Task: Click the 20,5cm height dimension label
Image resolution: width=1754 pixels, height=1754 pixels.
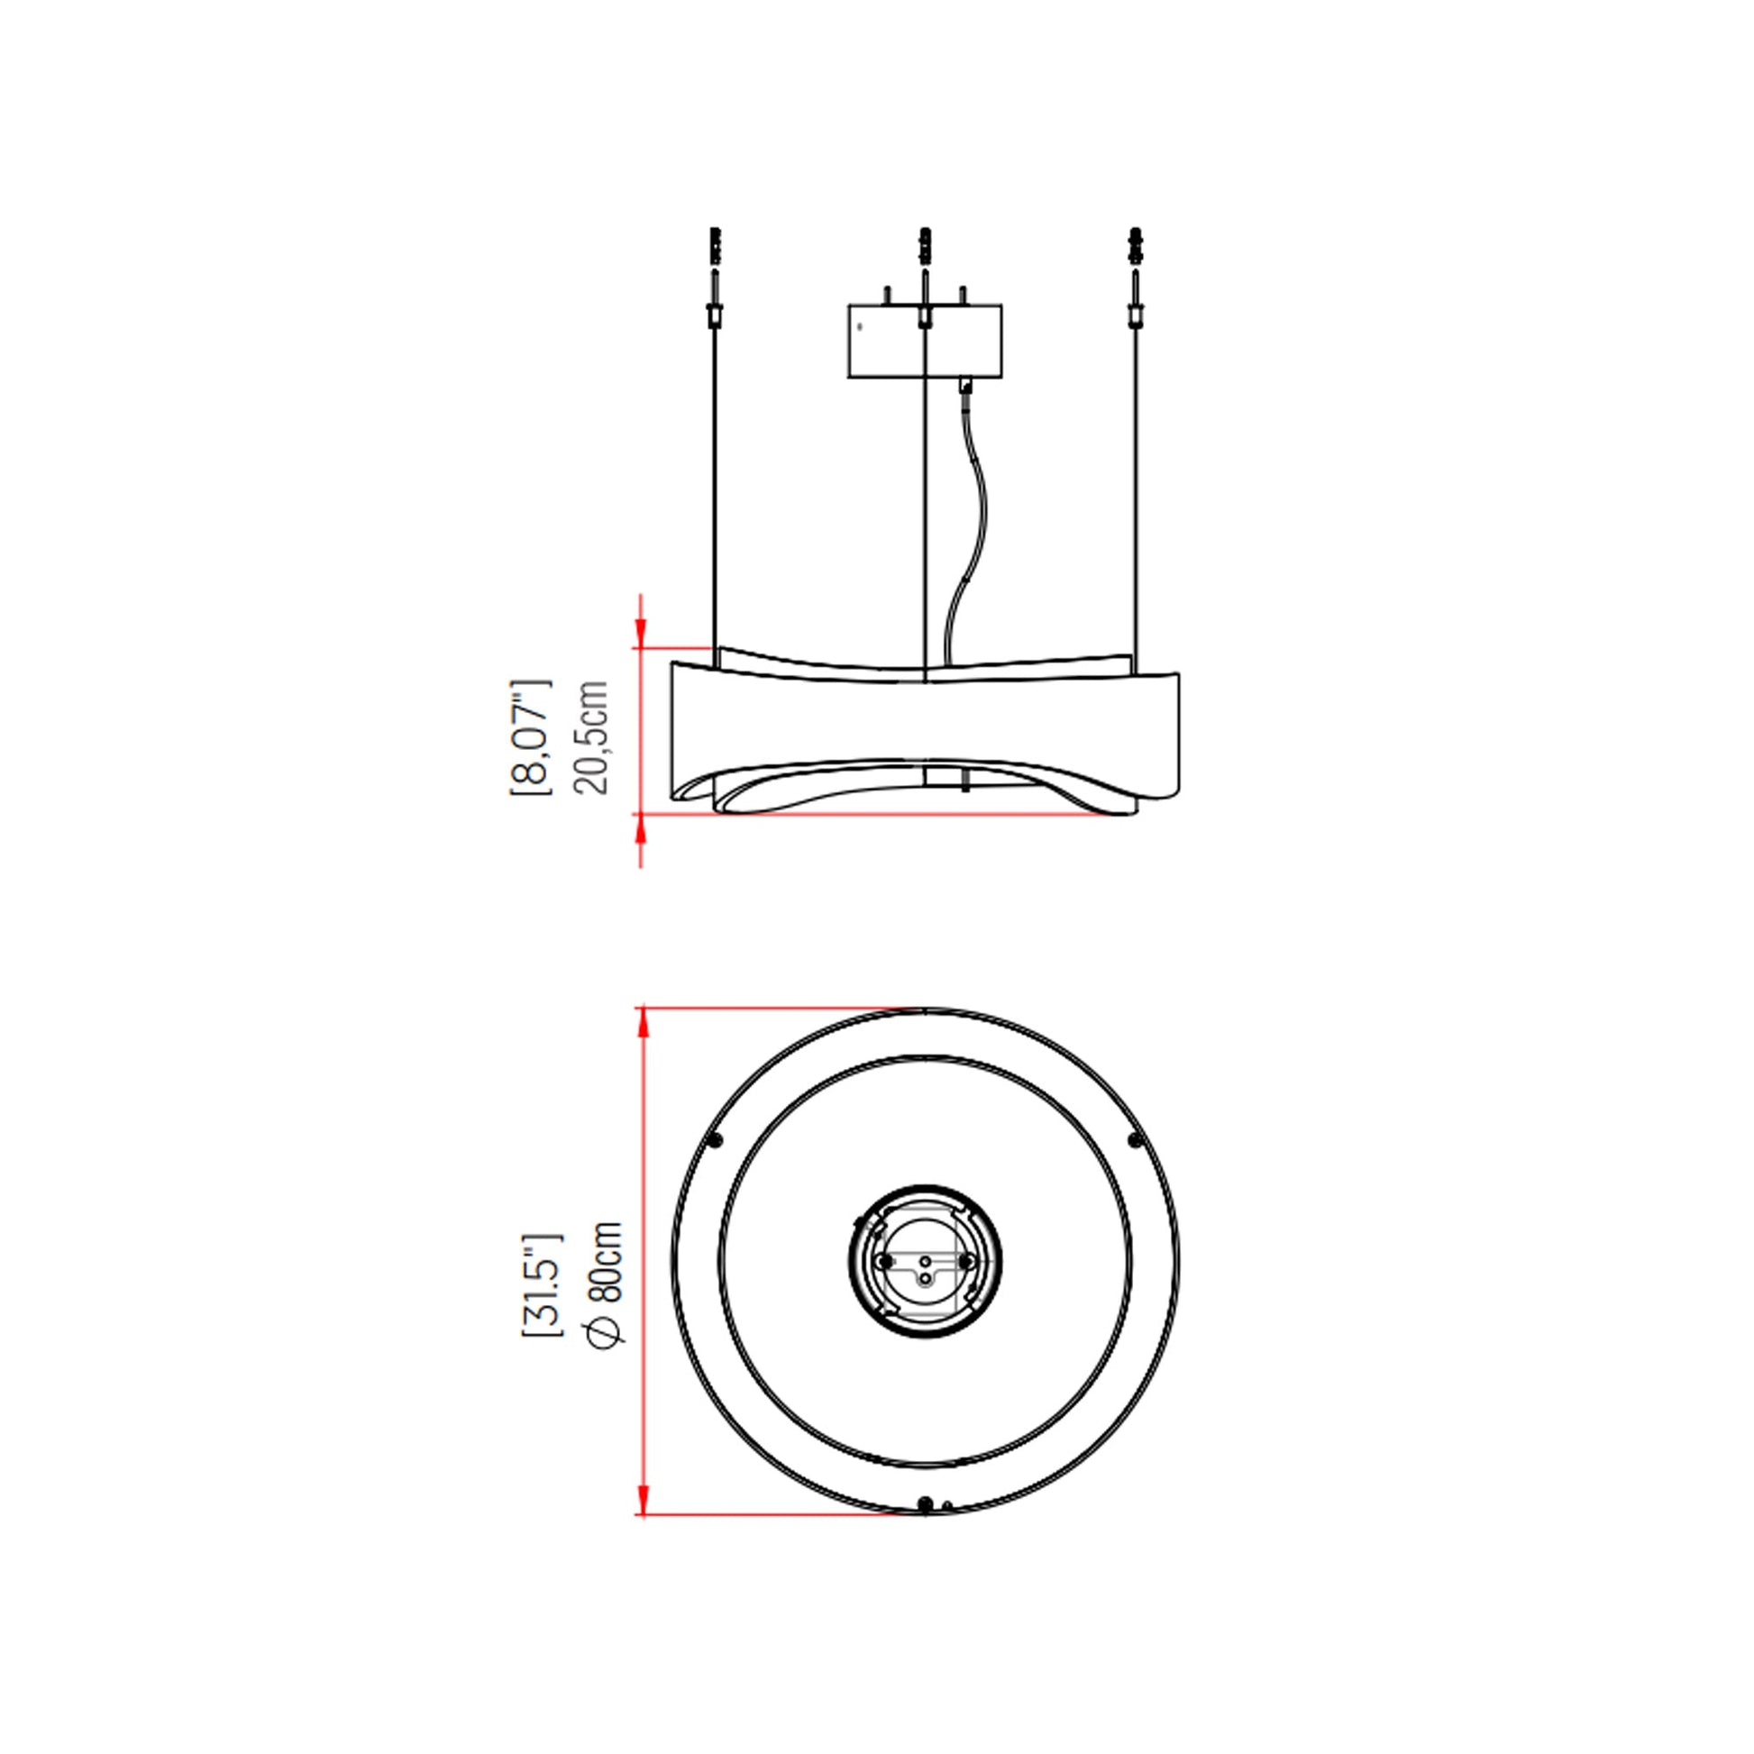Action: pyautogui.click(x=591, y=737)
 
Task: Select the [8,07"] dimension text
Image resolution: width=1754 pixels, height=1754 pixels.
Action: pyautogui.click(x=531, y=737)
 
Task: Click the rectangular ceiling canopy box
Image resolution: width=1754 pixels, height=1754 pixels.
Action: pyautogui.click(x=924, y=342)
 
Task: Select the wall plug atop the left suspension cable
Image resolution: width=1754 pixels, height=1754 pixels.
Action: pyautogui.click(x=715, y=245)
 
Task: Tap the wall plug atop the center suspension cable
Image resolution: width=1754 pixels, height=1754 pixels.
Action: pyautogui.click(x=924, y=245)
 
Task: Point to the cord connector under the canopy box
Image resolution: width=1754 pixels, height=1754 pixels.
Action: pyautogui.click(x=964, y=386)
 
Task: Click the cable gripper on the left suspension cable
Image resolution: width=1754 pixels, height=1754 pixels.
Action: pyautogui.click(x=715, y=315)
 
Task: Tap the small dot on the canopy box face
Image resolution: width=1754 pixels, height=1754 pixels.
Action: pyautogui.click(x=860, y=327)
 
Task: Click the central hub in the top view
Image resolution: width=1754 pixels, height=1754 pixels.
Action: pyautogui.click(x=924, y=1260)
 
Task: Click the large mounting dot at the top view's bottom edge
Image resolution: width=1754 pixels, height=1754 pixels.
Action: pyautogui.click(x=924, y=1504)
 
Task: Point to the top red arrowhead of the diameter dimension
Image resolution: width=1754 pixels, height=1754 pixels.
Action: pyautogui.click(x=644, y=1023)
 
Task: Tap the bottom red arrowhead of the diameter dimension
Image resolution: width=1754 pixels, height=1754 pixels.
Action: pyautogui.click(x=644, y=1499)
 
